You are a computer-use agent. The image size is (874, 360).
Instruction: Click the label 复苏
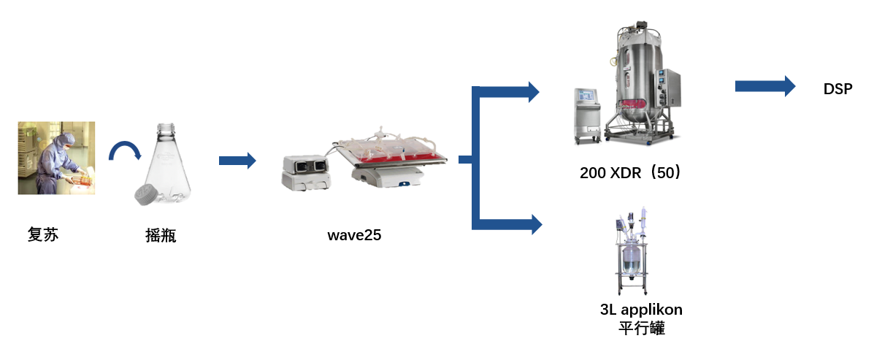[42, 235]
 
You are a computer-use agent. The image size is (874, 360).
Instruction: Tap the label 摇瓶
[161, 235]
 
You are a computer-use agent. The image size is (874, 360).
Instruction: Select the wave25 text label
[354, 235]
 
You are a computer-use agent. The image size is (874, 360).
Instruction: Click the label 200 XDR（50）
[630, 173]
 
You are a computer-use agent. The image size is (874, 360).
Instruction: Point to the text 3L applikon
[641, 310]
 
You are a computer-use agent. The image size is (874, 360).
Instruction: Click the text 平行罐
[641, 328]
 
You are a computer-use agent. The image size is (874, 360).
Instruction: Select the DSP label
[837, 90]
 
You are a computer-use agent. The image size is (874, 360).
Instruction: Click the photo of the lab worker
[56, 158]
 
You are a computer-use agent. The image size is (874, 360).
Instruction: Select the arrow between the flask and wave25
[237, 161]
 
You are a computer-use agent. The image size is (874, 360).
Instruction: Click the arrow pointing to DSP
[764, 86]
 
